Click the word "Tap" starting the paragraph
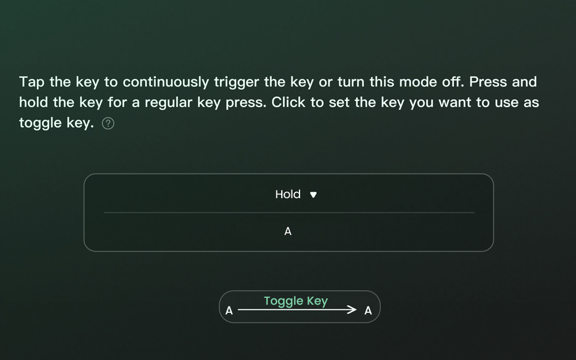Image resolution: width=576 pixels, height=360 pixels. (32, 82)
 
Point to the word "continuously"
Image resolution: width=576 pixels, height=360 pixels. (166, 82)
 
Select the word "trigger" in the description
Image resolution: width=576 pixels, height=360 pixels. (237, 82)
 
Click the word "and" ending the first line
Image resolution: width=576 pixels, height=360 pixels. (524, 82)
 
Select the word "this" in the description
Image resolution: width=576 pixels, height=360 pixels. (382, 82)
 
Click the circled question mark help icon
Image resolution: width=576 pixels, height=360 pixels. (108, 123)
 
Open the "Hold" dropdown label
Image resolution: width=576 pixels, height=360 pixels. (288, 194)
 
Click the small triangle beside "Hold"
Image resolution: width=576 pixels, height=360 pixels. (313, 195)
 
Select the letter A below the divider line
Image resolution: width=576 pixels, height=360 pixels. (288, 232)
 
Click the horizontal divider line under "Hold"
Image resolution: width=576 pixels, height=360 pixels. (289, 213)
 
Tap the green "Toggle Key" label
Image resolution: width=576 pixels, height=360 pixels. (295, 301)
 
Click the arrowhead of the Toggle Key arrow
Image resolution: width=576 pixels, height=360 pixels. (352, 310)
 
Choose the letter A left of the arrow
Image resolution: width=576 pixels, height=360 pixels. (229, 311)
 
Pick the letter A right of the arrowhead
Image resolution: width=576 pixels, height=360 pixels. (368, 311)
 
